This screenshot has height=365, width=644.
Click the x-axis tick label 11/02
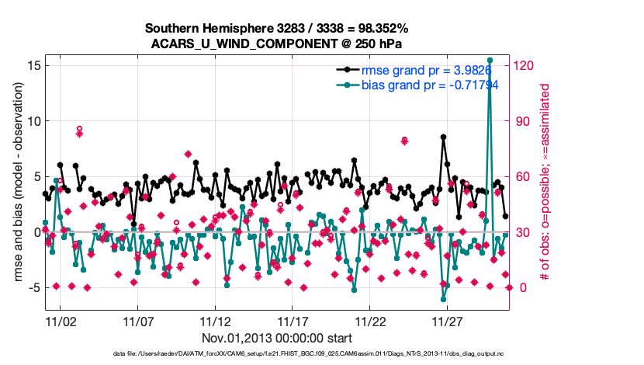pyautogui.click(x=61, y=321)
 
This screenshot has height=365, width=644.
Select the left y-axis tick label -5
pyautogui.click(x=33, y=287)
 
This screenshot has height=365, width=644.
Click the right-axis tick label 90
pyautogui.click(x=524, y=121)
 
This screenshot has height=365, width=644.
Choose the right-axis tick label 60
pyautogui.click(x=524, y=176)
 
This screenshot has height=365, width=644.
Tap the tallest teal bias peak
pyautogui.click(x=490, y=60)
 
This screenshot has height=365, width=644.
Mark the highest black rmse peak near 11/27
pyautogui.click(x=443, y=137)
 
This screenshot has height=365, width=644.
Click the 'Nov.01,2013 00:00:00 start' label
pyautogui.click(x=278, y=338)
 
